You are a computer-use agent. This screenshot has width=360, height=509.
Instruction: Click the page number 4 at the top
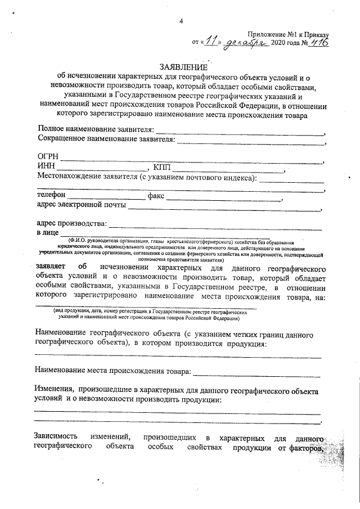tap(181, 21)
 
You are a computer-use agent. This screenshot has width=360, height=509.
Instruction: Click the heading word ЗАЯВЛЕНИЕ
tap(182, 67)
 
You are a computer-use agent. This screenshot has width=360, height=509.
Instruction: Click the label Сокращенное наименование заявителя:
tap(106, 138)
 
